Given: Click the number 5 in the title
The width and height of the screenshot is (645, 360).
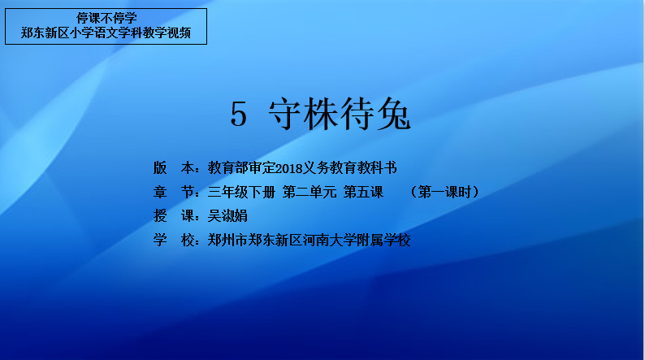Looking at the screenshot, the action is click(x=239, y=114).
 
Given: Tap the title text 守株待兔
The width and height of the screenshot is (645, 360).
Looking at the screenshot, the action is click(x=340, y=114).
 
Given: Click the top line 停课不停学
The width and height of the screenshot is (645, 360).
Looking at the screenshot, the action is click(x=106, y=18).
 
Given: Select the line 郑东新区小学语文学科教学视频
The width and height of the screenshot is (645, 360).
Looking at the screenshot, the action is click(x=106, y=33).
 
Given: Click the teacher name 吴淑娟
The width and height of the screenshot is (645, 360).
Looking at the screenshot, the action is click(x=227, y=216).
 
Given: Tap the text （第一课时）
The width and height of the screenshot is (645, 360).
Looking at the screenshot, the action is click(x=444, y=192).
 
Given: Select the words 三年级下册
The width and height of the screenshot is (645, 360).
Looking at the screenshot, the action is click(x=241, y=192).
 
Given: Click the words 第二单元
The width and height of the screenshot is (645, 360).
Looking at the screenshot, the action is click(x=310, y=192).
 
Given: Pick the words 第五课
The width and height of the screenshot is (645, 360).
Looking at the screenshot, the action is click(x=364, y=192).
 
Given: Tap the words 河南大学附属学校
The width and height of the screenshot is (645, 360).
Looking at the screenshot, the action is click(x=357, y=241).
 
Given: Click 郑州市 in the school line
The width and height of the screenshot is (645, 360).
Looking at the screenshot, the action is click(x=227, y=241).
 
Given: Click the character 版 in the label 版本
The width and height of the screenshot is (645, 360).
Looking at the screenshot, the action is click(x=160, y=168).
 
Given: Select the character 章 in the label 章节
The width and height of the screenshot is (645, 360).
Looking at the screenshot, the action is click(x=160, y=192).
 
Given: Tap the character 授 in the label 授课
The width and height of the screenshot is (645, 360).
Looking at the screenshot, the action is click(x=160, y=216).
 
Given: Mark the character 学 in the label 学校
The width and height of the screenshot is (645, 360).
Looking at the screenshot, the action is click(x=160, y=241).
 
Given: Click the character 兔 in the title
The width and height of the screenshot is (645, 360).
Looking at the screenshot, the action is click(x=394, y=114).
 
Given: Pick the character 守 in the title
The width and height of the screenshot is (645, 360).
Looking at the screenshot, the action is click(x=285, y=114).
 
